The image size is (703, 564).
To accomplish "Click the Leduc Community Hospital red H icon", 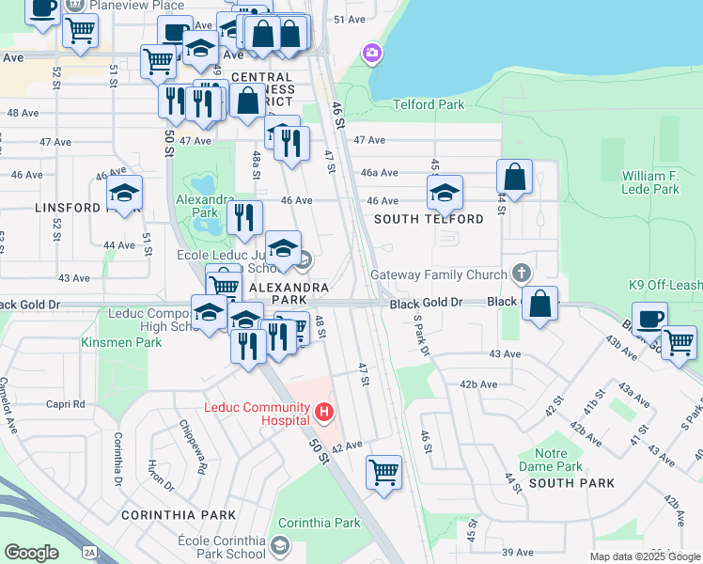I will (x=324, y=412).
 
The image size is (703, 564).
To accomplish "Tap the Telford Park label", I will (x=429, y=104).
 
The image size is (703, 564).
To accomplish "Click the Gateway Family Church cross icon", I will (x=522, y=274).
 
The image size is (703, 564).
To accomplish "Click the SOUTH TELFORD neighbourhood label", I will (x=429, y=219).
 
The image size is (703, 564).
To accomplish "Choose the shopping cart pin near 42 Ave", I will (x=383, y=471).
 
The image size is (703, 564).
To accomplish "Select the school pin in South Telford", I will (x=445, y=193).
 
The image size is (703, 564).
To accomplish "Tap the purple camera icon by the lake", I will (x=372, y=53).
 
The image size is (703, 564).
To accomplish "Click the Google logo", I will (x=31, y=553).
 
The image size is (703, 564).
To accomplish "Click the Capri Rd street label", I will (x=66, y=404).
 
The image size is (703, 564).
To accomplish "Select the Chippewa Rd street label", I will (x=194, y=438).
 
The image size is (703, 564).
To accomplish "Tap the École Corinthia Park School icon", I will (x=278, y=545).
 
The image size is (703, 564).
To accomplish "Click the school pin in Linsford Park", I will (x=124, y=193).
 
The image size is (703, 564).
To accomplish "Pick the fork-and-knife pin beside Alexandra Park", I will (x=243, y=217).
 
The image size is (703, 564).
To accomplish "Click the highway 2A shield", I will (x=89, y=552).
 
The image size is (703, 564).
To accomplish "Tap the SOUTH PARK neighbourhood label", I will (x=571, y=483).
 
